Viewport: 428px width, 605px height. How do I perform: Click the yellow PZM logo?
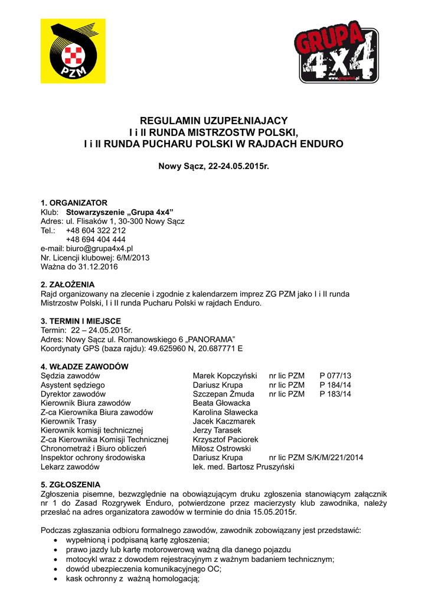click(73, 51)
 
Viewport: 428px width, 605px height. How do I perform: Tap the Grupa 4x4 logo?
click(336, 52)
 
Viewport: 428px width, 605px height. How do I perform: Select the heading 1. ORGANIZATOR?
click(74, 203)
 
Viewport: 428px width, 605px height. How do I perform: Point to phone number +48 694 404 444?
click(96, 239)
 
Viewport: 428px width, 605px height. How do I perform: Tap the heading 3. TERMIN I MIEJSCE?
click(81, 321)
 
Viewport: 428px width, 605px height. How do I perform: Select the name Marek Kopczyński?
click(225, 376)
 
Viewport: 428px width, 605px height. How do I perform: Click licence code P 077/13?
click(335, 376)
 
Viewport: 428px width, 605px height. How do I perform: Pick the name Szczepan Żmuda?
click(223, 394)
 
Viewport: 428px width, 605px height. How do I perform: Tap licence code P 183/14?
click(335, 394)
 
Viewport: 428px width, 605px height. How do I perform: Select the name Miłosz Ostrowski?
click(221, 448)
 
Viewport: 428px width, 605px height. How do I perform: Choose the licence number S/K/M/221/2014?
click(335, 458)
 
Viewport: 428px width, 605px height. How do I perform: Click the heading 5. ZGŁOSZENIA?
click(70, 484)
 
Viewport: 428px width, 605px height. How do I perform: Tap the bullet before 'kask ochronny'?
click(55, 579)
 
